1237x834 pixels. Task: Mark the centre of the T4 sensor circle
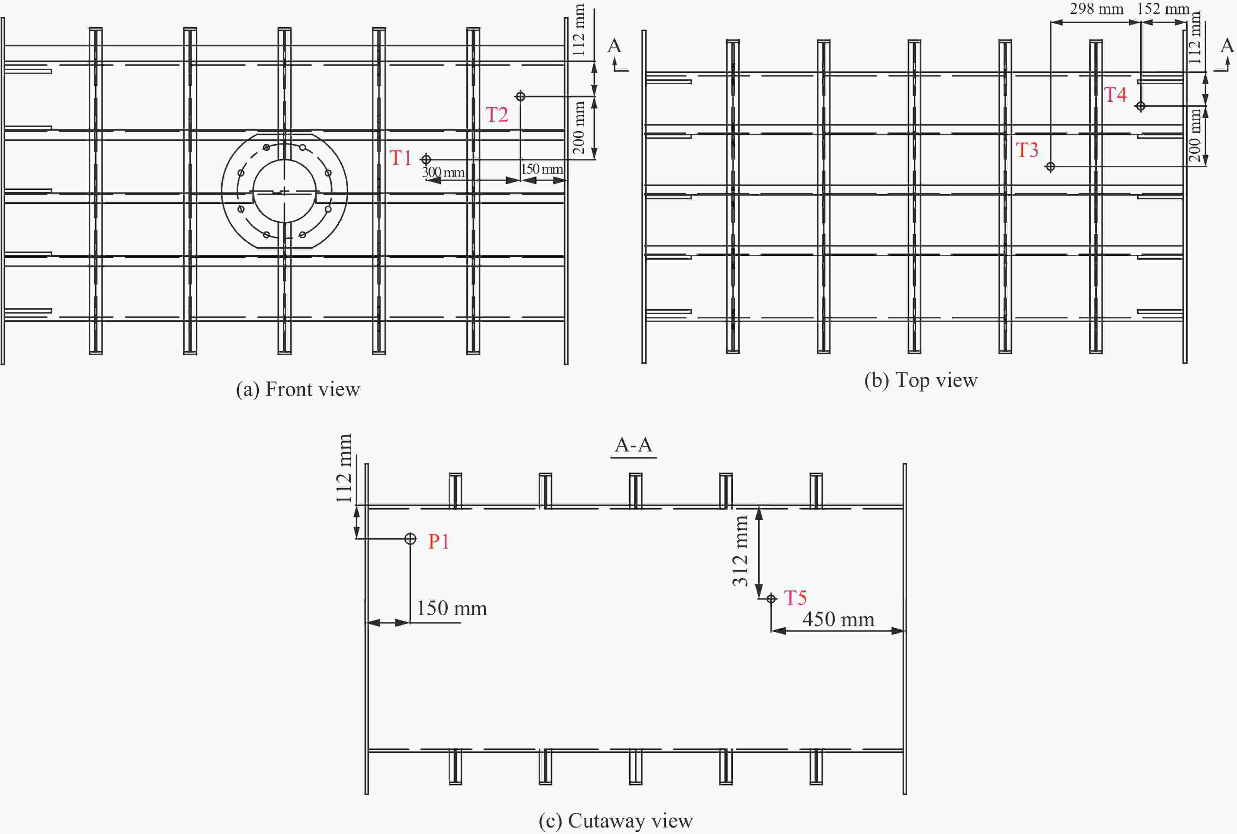pos(1140,106)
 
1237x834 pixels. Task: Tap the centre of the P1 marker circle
pos(410,539)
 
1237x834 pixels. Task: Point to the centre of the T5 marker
pos(771,598)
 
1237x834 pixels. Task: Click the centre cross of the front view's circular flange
pos(284,191)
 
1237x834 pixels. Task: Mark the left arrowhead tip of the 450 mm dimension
pos(771,631)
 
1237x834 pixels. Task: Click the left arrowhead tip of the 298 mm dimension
pos(1051,22)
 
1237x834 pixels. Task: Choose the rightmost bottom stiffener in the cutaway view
pos(816,767)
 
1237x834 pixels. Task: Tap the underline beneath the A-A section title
pos(634,457)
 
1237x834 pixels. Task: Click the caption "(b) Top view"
pos(921,380)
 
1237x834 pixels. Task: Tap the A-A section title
pos(634,444)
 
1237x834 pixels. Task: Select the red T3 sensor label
pos(1027,150)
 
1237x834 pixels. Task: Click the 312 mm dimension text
pos(740,551)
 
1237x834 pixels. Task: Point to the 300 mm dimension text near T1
pos(443,172)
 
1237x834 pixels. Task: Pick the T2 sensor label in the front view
pos(497,114)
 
